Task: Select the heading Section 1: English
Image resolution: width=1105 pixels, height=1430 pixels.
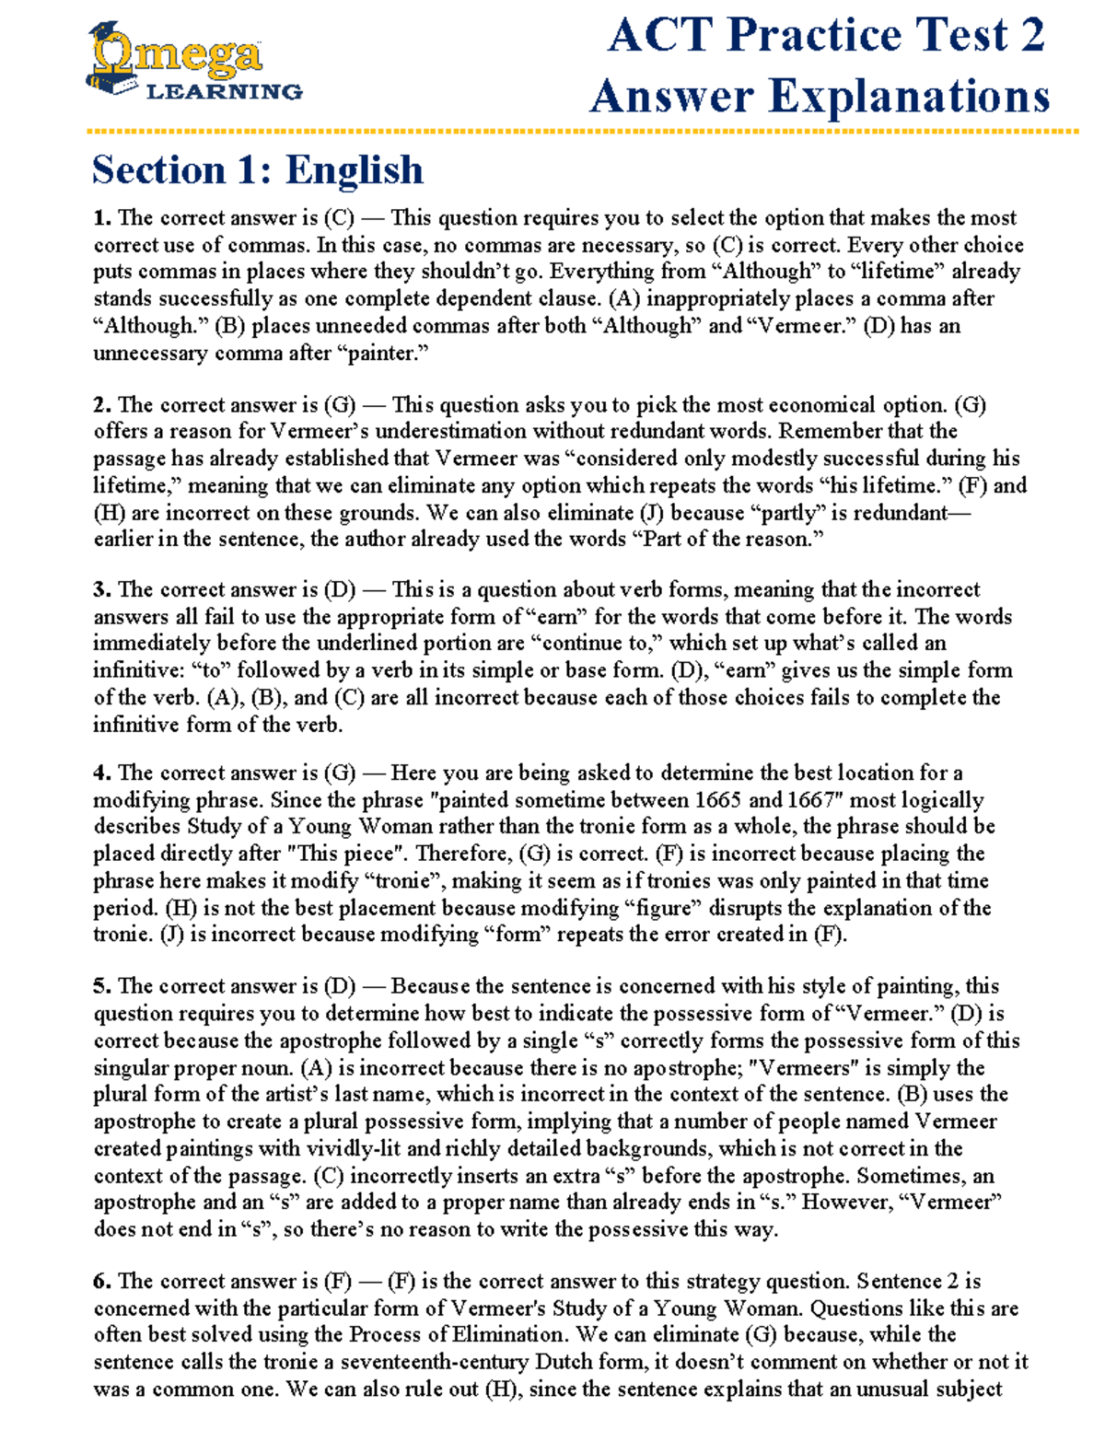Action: tap(258, 170)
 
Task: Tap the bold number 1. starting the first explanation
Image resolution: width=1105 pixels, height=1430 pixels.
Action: tap(102, 218)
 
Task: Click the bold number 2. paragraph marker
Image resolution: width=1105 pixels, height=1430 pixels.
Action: tap(102, 405)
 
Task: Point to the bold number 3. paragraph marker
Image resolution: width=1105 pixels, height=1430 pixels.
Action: tap(102, 590)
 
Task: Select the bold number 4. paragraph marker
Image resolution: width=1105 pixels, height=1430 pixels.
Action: tap(102, 773)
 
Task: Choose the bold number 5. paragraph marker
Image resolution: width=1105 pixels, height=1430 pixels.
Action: tap(102, 986)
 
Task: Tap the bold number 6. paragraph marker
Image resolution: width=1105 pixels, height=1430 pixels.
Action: tap(102, 1281)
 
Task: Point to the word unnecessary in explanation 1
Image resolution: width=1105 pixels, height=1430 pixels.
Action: tap(150, 354)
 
